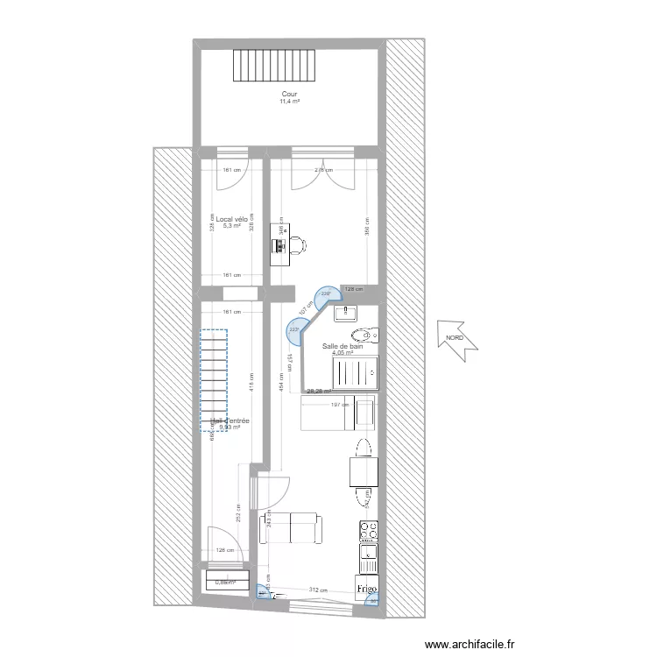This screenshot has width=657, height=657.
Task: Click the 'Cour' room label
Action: coord(289,94)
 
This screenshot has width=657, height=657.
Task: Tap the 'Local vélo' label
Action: coord(231,219)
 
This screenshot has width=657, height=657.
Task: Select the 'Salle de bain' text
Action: coord(343,347)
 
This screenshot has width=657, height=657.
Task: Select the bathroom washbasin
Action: coord(349,311)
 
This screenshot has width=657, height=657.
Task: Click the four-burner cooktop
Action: coord(368,531)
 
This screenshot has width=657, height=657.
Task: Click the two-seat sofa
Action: coord(293,529)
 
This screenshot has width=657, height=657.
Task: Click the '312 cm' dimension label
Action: coord(317,590)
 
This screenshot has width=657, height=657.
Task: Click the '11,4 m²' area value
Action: coord(289,102)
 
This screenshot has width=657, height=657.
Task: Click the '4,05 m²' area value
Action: coord(343,354)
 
